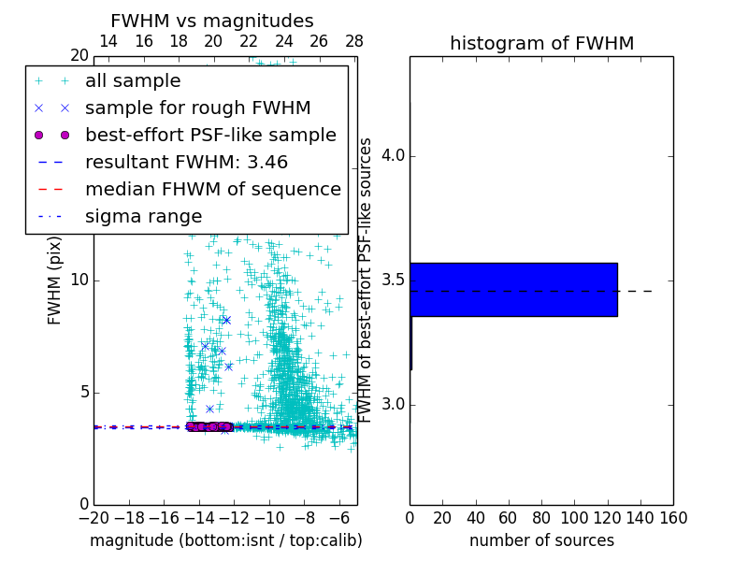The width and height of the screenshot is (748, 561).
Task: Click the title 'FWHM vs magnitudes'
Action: (211, 21)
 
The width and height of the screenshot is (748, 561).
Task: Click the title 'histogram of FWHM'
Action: (541, 43)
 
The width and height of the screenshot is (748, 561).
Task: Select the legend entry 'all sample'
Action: (133, 81)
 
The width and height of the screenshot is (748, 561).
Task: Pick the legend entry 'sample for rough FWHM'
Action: (197, 108)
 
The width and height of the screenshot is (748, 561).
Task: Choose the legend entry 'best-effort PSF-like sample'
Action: (210, 135)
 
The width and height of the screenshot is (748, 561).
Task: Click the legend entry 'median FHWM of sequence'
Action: (212, 189)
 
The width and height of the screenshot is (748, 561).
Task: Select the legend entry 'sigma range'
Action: (143, 216)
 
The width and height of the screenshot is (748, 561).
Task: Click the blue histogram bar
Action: (513, 290)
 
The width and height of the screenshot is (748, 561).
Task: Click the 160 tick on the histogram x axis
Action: (672, 517)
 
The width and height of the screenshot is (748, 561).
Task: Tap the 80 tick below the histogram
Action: (541, 517)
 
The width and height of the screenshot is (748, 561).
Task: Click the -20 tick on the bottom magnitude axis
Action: (93, 517)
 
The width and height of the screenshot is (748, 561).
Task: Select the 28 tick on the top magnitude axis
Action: (354, 41)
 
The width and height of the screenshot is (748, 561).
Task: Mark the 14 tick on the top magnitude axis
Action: (108, 41)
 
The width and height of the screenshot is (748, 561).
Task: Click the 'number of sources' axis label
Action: (541, 540)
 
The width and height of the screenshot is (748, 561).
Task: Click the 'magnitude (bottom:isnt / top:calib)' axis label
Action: (225, 540)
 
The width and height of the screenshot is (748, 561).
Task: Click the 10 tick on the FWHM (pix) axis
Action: (78, 280)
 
